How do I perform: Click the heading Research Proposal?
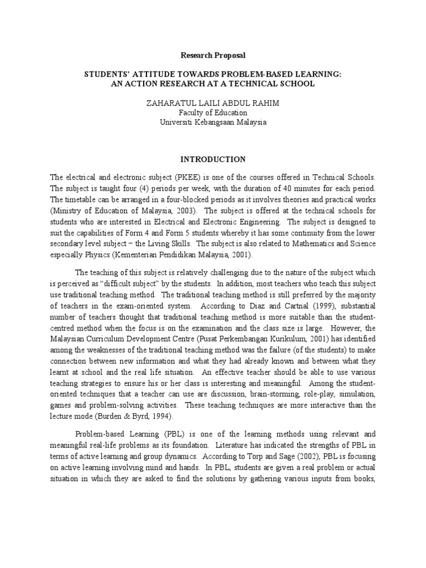[212, 55]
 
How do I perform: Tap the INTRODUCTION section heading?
[212, 159]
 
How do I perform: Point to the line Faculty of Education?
[212, 112]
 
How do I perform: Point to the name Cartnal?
[304, 306]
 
